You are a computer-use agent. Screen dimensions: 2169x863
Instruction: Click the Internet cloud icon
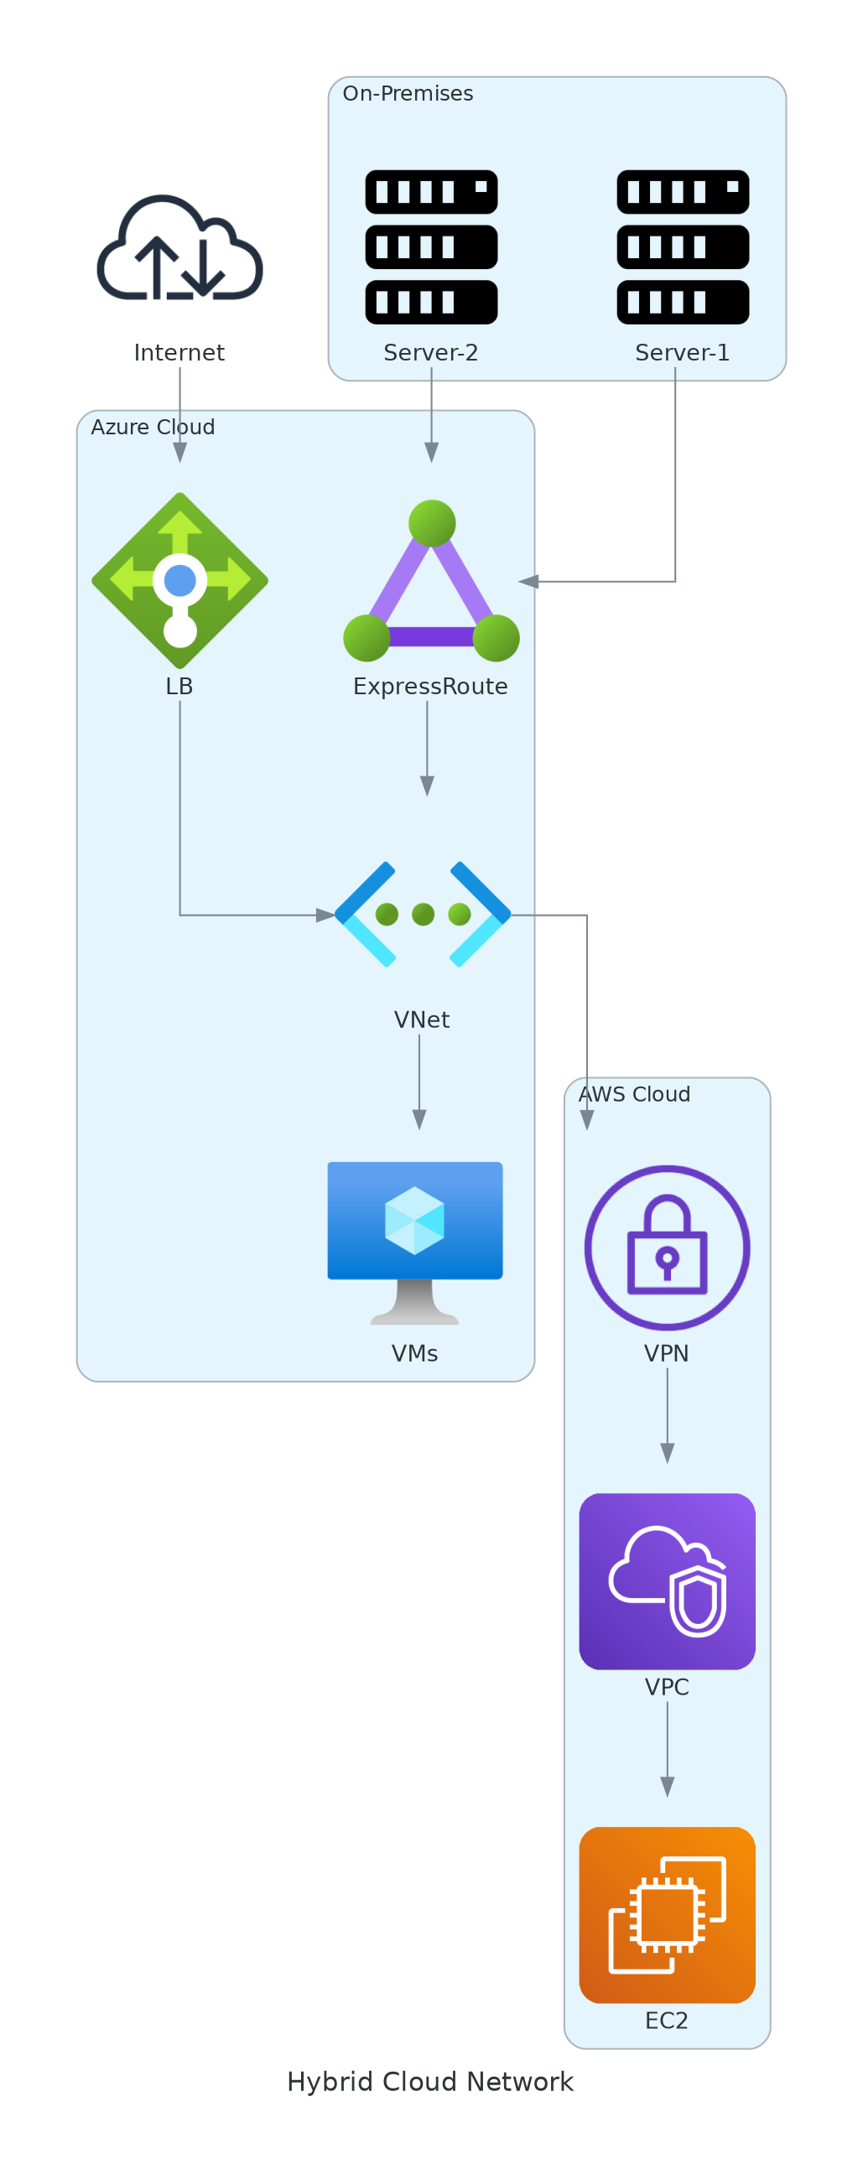[x=179, y=248]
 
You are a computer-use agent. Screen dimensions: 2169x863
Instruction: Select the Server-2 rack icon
[x=431, y=246]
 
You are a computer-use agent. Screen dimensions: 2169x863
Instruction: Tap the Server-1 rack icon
[x=683, y=246]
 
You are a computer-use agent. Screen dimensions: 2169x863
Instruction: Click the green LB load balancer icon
[x=179, y=581]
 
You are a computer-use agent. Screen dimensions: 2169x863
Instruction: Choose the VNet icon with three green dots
[x=423, y=915]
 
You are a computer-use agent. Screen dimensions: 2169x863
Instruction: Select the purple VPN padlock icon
[x=667, y=1247]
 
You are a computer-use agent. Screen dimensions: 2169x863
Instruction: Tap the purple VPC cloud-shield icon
[x=667, y=1581]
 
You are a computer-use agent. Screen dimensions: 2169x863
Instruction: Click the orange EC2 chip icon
[x=667, y=1915]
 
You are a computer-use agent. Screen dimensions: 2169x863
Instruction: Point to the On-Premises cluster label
[x=408, y=93]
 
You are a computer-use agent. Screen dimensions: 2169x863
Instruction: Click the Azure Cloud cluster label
[x=153, y=427]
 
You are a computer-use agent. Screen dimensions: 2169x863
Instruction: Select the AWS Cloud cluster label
[x=634, y=1094]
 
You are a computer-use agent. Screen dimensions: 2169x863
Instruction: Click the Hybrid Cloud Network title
[x=430, y=2082]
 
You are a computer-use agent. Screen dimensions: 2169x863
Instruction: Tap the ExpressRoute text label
[x=430, y=686]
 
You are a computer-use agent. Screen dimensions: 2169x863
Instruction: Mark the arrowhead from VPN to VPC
[x=667, y=1453]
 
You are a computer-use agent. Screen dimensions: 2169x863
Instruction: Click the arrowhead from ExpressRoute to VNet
[x=427, y=786]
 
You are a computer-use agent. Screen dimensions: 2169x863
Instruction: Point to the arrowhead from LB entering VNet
[x=325, y=916]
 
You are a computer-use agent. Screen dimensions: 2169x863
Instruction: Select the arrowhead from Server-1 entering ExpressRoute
[x=528, y=581]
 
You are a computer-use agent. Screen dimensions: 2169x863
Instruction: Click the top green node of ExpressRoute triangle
[x=432, y=523]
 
